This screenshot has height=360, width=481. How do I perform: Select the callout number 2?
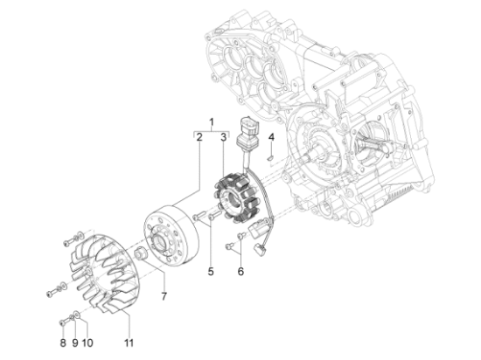(x=199, y=137)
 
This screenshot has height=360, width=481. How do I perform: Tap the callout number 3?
(x=223, y=137)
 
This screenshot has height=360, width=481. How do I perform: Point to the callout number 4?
(x=272, y=138)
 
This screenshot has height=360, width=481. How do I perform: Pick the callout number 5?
(x=210, y=272)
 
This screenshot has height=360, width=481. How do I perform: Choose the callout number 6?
(x=240, y=272)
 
